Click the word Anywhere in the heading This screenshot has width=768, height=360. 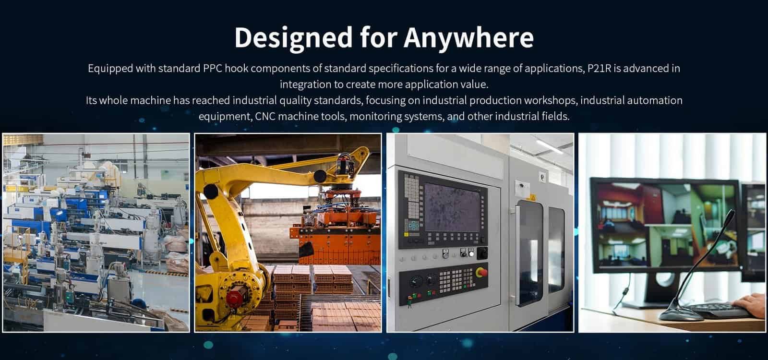point(468,38)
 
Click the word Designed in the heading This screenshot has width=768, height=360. point(293,38)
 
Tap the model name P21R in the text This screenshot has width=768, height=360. point(600,68)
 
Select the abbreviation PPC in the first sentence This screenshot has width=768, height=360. point(212,68)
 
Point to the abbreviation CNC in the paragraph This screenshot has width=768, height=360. point(265,116)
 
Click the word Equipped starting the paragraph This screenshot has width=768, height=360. point(110,69)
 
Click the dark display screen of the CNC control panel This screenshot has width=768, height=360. point(452,207)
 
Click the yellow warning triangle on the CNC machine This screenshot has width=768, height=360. point(532,197)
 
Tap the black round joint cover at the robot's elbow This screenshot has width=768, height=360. point(320,176)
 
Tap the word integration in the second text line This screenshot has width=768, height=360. point(305,84)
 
